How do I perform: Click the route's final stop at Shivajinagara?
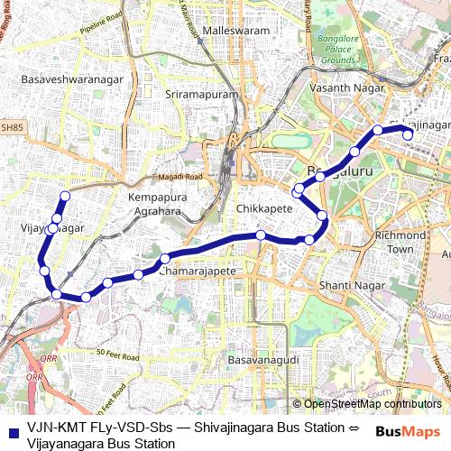click(408, 135)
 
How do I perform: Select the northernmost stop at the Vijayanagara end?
click(64, 197)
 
